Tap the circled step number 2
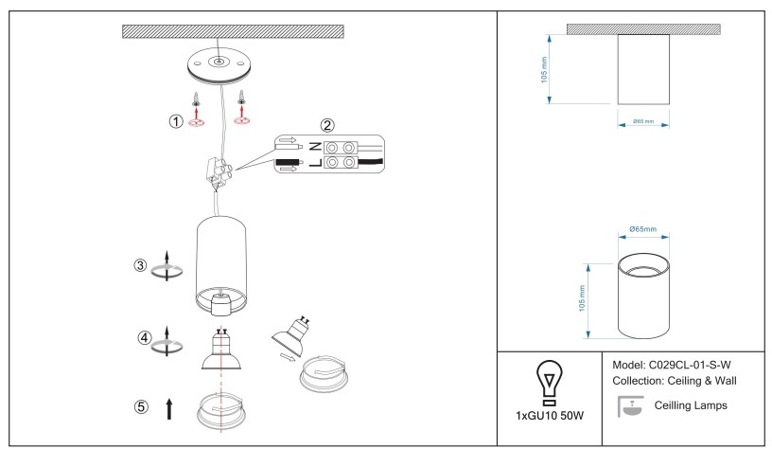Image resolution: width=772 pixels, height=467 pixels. pyautogui.click(x=327, y=124)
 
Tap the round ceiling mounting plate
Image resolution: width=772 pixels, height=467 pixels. pyautogui.click(x=218, y=67)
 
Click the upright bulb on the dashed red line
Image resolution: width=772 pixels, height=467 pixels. pyautogui.click(x=219, y=351)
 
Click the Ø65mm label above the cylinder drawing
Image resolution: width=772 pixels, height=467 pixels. pyautogui.click(x=642, y=230)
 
